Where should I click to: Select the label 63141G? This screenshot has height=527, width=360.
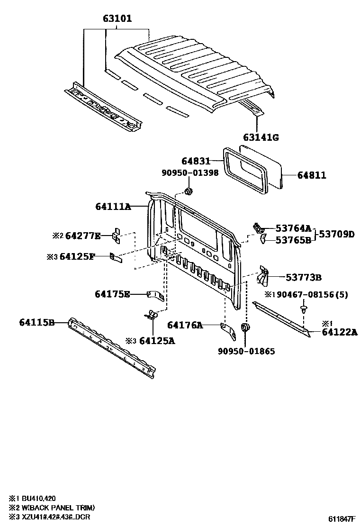coord(261,137)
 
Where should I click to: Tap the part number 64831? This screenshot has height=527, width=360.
coord(196,161)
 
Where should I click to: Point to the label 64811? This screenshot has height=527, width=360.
coord(312,175)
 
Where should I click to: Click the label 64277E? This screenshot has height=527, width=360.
coord(83,236)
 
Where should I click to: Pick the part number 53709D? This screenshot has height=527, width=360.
coord(336,234)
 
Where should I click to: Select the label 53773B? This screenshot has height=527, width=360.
coord(303,277)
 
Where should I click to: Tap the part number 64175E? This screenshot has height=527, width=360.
coord(112,294)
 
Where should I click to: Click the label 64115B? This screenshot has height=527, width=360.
coord(37,322)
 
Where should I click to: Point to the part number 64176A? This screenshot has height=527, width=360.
coord(185,325)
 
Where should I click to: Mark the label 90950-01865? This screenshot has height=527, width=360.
coord(246,351)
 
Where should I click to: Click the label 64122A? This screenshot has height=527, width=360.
coord(339,332)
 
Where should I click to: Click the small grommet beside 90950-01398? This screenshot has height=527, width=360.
coord(188,191)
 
